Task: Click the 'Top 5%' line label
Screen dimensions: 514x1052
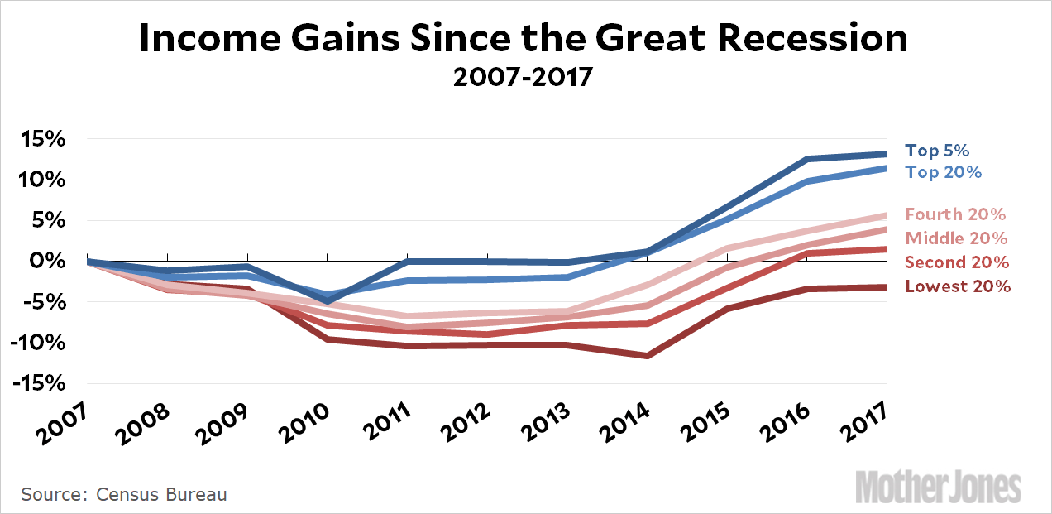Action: [937, 151]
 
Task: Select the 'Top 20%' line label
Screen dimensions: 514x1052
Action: [944, 172]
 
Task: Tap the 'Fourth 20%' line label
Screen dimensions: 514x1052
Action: [955, 214]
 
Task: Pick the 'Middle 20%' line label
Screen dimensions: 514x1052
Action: [956, 238]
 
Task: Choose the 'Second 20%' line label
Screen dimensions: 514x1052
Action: [957, 262]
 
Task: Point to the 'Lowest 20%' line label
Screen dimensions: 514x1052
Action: [958, 286]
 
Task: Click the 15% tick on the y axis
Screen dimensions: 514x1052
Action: [42, 139]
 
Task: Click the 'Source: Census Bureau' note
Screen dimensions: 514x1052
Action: [124, 494]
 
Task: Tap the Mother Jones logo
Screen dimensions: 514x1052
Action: [939, 487]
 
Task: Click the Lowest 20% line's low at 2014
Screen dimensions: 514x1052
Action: [648, 356]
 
